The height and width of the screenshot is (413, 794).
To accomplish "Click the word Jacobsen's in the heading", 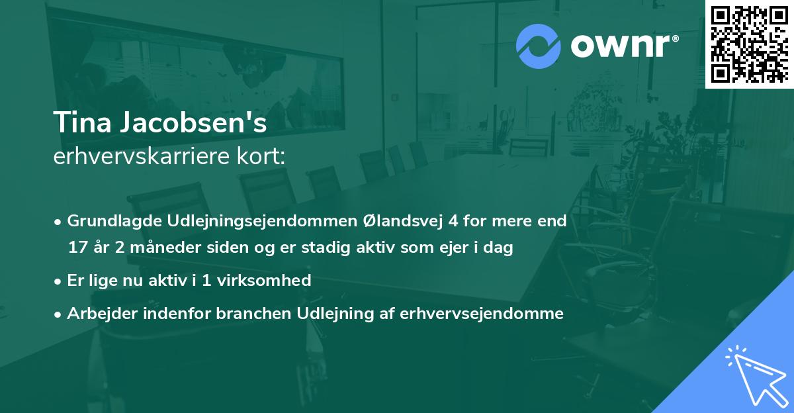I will pos(190,124).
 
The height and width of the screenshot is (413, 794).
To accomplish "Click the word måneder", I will pos(158,248).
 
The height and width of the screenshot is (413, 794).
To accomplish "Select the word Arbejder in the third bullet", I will pos(97,314).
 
